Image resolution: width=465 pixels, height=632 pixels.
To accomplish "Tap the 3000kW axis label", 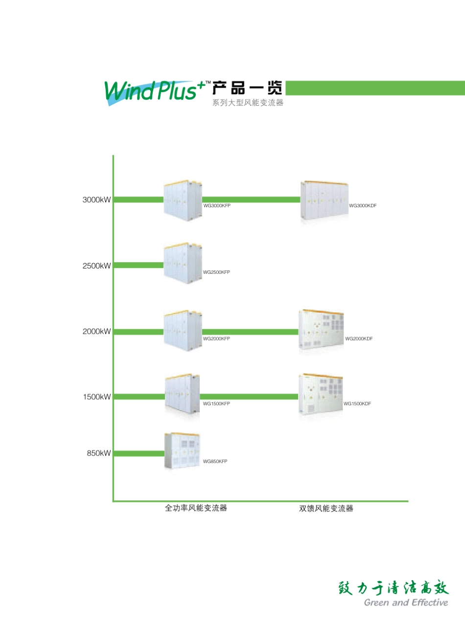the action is coord(96,200).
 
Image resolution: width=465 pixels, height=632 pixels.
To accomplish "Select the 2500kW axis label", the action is coord(96,266).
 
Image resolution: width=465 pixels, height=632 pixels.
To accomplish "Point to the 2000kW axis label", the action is coord(96,332).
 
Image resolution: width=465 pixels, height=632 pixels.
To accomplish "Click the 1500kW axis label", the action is coord(97,397).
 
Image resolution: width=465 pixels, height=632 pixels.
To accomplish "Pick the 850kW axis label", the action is coord(99,453).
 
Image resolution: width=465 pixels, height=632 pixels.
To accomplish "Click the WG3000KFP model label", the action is coord(217,206).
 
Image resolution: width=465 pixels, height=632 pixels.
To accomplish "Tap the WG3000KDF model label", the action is coord(363,206).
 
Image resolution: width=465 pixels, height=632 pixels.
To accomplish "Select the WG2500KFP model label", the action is coord(216,272).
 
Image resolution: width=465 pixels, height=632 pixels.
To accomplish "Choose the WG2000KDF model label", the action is coord(359,339).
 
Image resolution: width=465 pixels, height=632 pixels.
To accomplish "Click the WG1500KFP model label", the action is coord(216,404).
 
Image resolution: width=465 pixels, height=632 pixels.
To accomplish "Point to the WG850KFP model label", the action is coord(215,462).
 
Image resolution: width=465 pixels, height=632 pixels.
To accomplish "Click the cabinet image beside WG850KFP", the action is coord(182,451).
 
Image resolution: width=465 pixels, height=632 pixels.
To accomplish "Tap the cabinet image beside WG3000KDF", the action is coord(325,201).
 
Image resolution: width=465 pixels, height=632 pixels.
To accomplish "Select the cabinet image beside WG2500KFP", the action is coord(183,263).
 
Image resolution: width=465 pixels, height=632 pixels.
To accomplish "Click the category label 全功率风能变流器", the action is coord(196,508).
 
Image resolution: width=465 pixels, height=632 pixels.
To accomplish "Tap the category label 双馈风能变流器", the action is coord(326,509).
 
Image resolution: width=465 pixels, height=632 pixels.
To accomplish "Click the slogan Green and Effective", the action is coord(406,603).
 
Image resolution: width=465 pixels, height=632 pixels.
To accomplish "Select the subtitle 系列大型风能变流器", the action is coord(248,103).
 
